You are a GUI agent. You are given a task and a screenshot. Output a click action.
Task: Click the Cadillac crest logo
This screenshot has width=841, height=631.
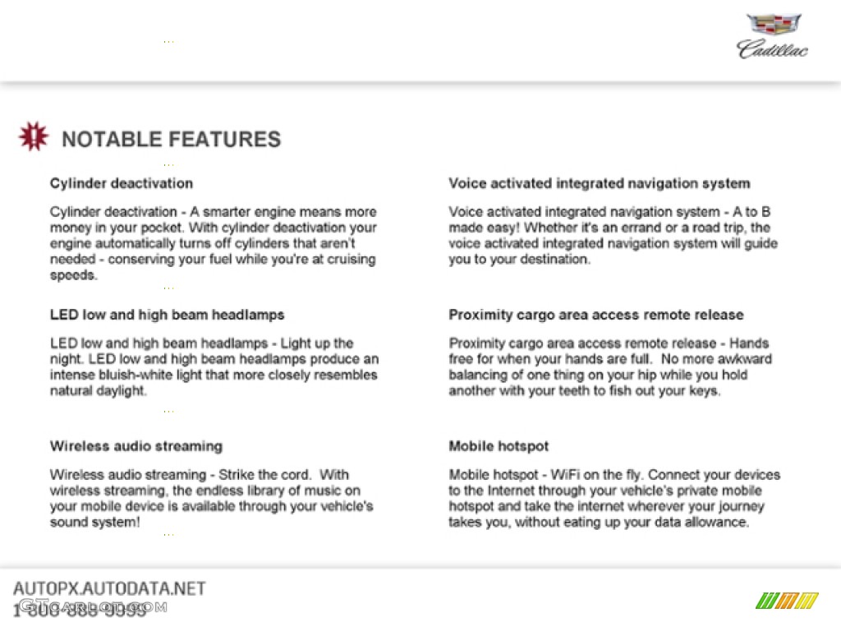point(774,25)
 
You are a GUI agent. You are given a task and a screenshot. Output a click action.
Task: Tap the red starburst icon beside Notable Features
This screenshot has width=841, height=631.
point(33,137)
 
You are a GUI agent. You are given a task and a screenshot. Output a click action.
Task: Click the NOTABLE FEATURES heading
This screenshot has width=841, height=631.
point(171,139)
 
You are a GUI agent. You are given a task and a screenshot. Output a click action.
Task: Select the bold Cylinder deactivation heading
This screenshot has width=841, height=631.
point(121,183)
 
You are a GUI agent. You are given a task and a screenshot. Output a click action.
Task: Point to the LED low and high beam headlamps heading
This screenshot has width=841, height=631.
point(167,315)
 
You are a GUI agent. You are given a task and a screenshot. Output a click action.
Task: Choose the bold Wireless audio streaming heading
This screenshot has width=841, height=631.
point(136,446)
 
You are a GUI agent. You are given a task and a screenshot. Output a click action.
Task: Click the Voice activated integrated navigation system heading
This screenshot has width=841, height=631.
point(599,183)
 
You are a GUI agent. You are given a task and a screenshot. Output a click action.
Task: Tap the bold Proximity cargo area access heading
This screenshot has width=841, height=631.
point(595,315)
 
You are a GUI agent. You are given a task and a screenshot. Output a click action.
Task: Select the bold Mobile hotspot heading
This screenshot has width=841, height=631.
point(499,446)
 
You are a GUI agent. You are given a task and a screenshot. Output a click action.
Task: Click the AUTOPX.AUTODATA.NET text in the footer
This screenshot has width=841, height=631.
point(109,588)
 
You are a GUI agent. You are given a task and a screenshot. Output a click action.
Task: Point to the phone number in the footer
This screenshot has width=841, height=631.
point(80,610)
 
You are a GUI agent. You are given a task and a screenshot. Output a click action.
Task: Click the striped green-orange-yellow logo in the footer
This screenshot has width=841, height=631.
point(786,601)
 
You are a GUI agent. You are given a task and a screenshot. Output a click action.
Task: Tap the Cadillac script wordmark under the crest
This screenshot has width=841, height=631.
point(772,49)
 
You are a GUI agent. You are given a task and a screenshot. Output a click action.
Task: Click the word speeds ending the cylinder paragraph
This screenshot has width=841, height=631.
point(72,275)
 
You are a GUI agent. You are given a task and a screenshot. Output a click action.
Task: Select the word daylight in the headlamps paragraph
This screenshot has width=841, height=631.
point(119,391)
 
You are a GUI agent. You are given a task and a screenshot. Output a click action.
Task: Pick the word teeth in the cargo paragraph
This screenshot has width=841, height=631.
point(558,391)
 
